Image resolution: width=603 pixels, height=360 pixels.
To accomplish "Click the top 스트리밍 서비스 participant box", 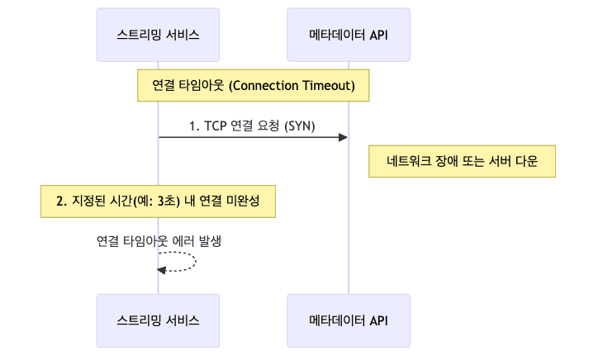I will [x=158, y=35].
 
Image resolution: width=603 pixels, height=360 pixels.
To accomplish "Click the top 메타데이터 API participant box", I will [x=348, y=35].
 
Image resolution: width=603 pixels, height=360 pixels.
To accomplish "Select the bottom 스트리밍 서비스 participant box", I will [x=158, y=320].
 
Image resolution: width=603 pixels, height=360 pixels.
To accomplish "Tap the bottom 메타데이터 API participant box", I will [x=348, y=320].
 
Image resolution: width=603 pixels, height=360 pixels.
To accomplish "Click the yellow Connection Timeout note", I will [x=253, y=85].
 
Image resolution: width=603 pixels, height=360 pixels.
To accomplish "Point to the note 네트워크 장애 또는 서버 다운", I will [x=462, y=161].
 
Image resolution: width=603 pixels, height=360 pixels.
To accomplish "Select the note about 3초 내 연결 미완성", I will [x=158, y=201].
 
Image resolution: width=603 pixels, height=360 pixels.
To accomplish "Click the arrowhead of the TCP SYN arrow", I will [x=342, y=137].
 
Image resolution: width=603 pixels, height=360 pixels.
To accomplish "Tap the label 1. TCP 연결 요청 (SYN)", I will [x=253, y=126].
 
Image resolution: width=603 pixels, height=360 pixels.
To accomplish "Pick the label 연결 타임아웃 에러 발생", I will [x=159, y=241].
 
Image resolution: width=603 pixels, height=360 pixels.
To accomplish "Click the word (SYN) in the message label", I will [x=300, y=126].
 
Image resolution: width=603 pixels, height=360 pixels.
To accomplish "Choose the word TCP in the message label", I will [x=216, y=126].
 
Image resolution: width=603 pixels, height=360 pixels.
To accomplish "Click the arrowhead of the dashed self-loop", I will [x=162, y=271].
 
